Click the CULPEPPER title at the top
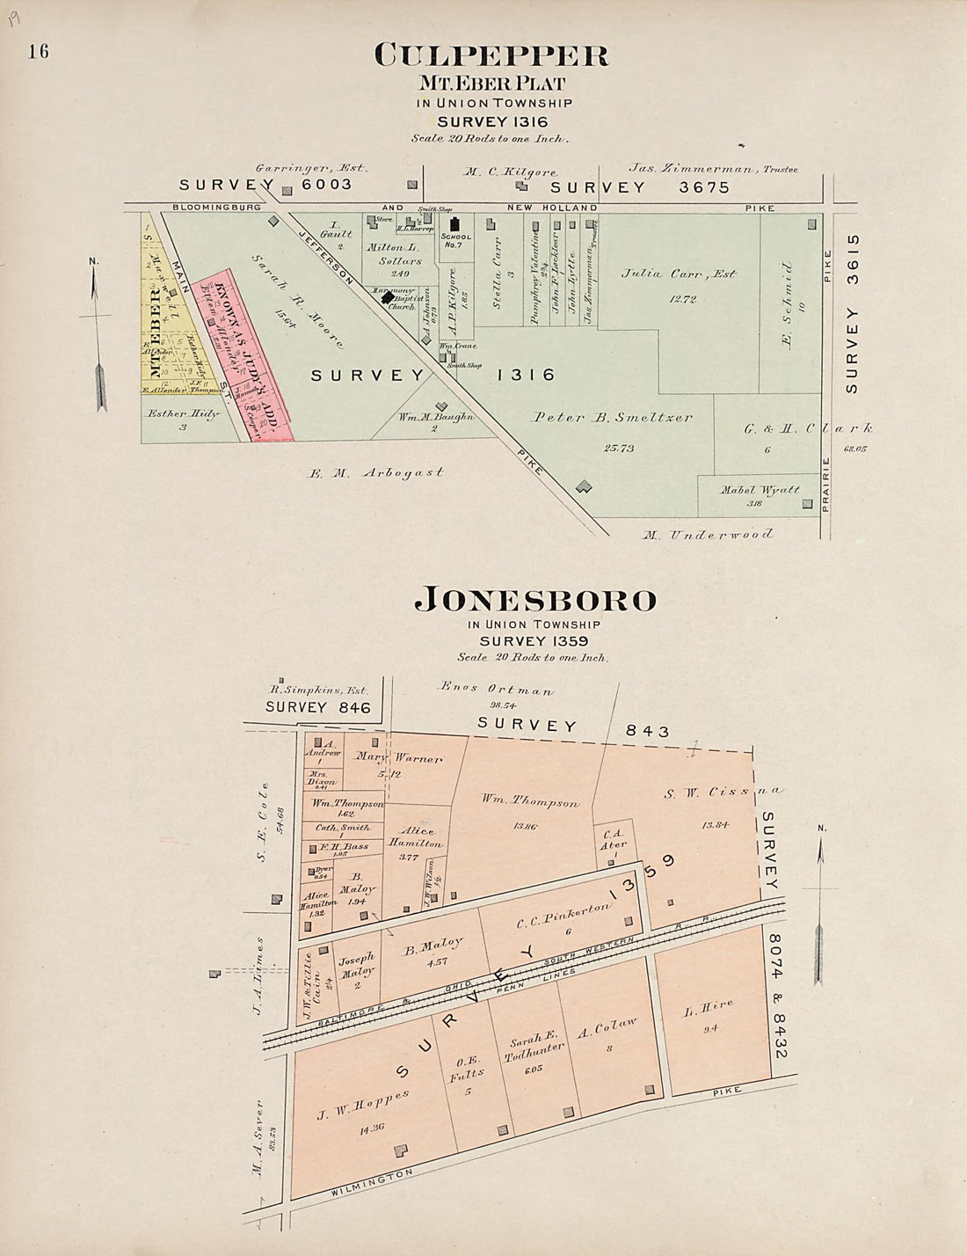491,56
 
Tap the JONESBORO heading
535,600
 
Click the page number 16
38,51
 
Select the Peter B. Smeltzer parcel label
612,418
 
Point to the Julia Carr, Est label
679,274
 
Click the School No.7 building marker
455,225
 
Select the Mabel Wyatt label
760,490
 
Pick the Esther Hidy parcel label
183,413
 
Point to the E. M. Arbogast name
375,472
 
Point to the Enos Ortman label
497,690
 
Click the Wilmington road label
371,1181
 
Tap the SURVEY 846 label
317,707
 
